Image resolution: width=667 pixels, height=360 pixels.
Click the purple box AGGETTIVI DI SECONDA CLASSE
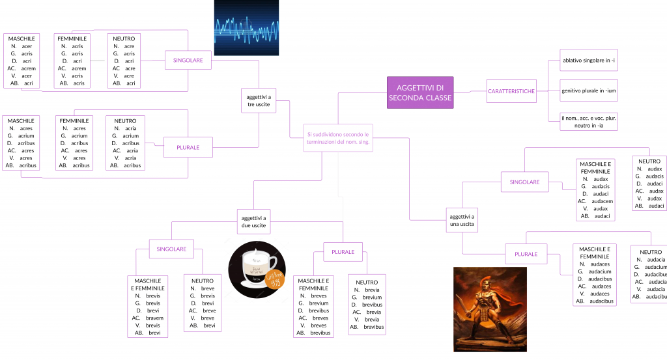pyautogui.click(x=420, y=92)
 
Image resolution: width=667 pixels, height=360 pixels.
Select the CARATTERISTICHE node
pyautogui.click(x=511, y=91)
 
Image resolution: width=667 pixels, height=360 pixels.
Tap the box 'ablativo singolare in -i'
pyautogui.click(x=589, y=61)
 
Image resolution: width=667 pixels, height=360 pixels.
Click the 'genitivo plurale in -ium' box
pyautogui.click(x=589, y=90)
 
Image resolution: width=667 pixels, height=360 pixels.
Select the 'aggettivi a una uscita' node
pyautogui.click(x=462, y=220)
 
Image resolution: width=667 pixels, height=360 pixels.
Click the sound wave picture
pyautogui.click(x=246, y=27)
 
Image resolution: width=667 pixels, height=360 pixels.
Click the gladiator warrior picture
pyautogui.click(x=490, y=309)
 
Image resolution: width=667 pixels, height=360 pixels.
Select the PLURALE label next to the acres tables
pyautogui.click(x=188, y=148)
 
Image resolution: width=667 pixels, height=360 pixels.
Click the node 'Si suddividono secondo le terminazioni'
pyautogui.click(x=339, y=137)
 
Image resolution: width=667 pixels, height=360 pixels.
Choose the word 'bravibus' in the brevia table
pyautogui.click(x=373, y=327)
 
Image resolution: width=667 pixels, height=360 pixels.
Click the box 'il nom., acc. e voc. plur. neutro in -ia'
pyautogui.click(x=589, y=121)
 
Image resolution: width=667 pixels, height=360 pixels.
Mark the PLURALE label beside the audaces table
pyautogui.click(x=526, y=253)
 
